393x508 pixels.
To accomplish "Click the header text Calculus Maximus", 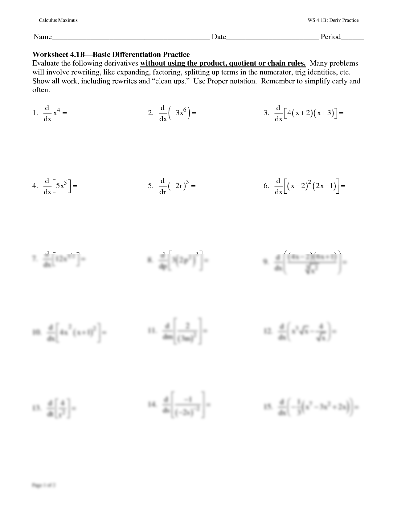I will point(58,20).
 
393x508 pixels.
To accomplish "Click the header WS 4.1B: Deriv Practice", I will point(333,20).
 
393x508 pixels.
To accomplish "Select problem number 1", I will point(35,113).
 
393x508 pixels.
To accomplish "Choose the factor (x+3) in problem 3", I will point(324,113).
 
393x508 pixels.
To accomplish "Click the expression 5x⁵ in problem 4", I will point(62,186).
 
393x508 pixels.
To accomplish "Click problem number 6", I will point(266,186).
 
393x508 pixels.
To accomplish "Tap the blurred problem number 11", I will point(152,330).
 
